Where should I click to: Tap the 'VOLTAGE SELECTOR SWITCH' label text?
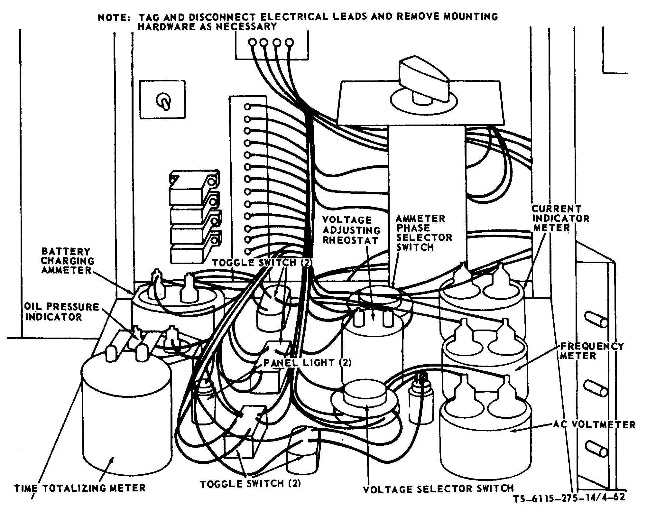coord(438,489)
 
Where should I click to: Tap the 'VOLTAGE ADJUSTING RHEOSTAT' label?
coord(351,230)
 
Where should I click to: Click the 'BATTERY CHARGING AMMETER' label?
coord(67,261)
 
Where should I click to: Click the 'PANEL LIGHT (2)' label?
coord(307,363)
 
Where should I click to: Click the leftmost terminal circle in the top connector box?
coord(253,42)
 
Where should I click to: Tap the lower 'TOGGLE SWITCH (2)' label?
coord(251,484)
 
